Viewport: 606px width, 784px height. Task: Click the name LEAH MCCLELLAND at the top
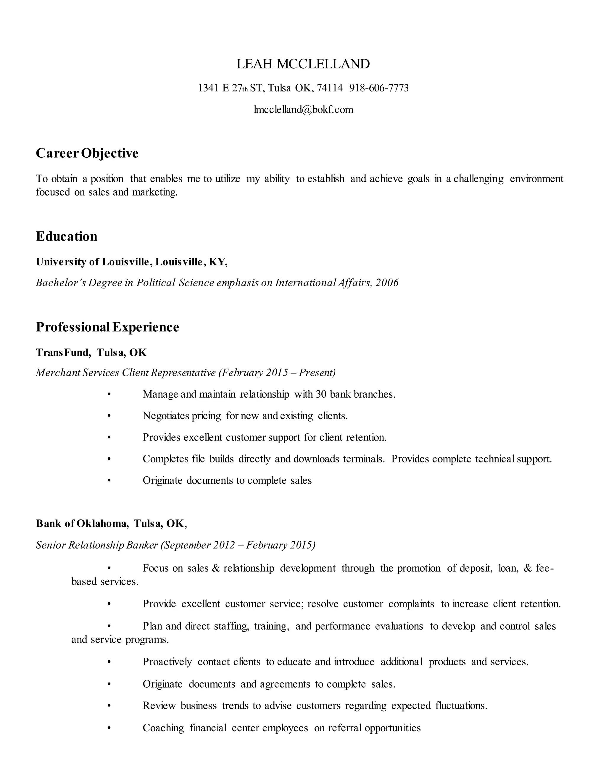click(x=303, y=64)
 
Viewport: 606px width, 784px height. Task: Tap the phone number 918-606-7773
click(x=379, y=88)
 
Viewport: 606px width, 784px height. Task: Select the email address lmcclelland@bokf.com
click(x=303, y=109)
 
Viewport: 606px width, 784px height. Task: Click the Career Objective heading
click(x=87, y=153)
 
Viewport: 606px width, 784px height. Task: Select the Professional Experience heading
click(x=107, y=327)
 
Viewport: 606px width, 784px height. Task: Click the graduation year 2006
click(x=387, y=283)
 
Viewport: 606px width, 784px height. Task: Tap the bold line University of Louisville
click(x=131, y=262)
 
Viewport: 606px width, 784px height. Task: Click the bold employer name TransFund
click(x=63, y=353)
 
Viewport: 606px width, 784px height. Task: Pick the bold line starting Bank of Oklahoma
click(x=111, y=523)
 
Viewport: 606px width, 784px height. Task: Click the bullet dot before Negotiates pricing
click(x=109, y=416)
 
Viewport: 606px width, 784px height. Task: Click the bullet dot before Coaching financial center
click(x=109, y=728)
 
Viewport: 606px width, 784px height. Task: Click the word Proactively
click(x=167, y=662)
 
